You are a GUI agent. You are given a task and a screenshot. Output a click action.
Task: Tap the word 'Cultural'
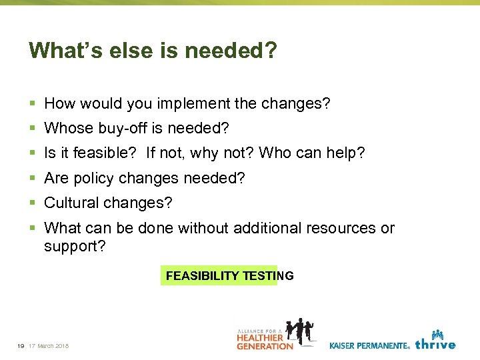point(70,203)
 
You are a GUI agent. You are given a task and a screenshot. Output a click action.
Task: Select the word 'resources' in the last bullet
point(341,228)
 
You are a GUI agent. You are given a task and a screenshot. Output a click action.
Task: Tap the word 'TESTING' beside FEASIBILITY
point(268,275)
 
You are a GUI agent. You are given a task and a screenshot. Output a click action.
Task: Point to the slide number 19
point(21,345)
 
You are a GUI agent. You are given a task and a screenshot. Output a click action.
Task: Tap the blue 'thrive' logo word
point(435,344)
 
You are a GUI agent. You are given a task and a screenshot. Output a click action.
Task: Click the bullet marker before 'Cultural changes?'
point(33,203)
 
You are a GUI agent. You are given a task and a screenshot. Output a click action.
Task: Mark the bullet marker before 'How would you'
point(33,104)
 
